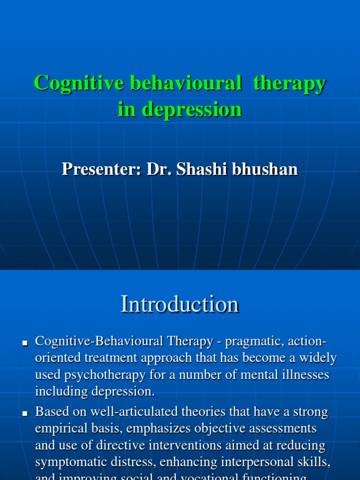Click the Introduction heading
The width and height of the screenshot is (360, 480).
point(180,304)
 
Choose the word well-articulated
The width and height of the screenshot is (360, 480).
point(146,412)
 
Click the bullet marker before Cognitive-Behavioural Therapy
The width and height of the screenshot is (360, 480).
point(26,343)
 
